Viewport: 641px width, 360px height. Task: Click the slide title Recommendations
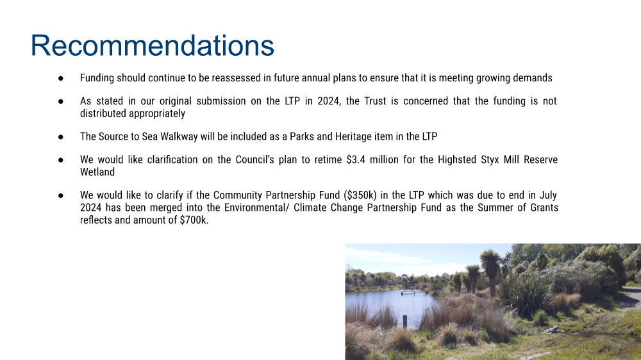point(152,45)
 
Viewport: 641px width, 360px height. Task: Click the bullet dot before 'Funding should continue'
point(60,78)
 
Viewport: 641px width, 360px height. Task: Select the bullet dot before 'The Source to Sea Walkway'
point(60,136)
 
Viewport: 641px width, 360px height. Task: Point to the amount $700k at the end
point(194,220)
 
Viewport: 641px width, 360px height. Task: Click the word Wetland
point(97,172)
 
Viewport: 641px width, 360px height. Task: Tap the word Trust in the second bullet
point(375,101)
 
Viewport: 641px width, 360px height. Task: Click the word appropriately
point(157,113)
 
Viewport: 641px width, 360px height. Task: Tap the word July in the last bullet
point(548,195)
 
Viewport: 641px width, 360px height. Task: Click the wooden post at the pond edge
point(404,322)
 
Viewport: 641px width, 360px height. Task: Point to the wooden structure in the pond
point(414,293)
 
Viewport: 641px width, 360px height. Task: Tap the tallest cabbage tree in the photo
point(491,270)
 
